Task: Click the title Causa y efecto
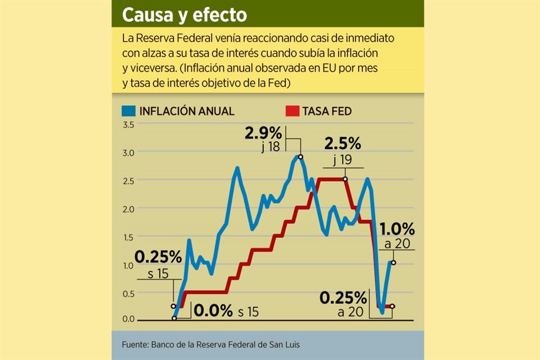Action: click(x=185, y=15)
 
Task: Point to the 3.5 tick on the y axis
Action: click(x=128, y=124)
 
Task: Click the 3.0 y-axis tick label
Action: click(x=128, y=152)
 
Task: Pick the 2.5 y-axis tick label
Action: click(x=128, y=181)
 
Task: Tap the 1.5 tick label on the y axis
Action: click(x=128, y=237)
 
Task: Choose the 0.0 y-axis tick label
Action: click(x=128, y=319)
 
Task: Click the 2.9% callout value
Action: click(x=263, y=133)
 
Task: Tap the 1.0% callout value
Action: click(x=397, y=229)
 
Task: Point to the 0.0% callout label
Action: click(x=213, y=310)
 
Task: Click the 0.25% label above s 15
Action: click(x=158, y=257)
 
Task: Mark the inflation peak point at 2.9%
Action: click(x=300, y=157)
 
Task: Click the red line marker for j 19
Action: click(x=345, y=179)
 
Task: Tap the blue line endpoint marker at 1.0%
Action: click(x=393, y=263)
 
